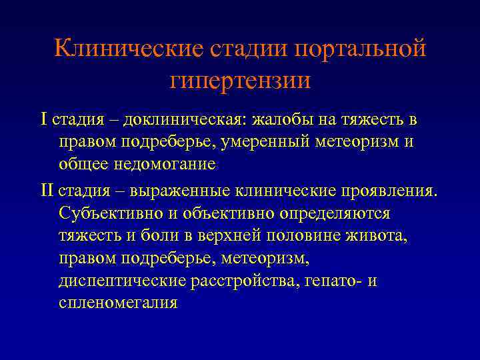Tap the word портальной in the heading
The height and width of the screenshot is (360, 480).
click(x=360, y=49)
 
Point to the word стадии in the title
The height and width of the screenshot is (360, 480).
click(x=248, y=49)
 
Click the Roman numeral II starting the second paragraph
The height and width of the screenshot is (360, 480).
click(x=46, y=191)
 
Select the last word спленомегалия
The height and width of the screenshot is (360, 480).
click(x=118, y=303)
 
